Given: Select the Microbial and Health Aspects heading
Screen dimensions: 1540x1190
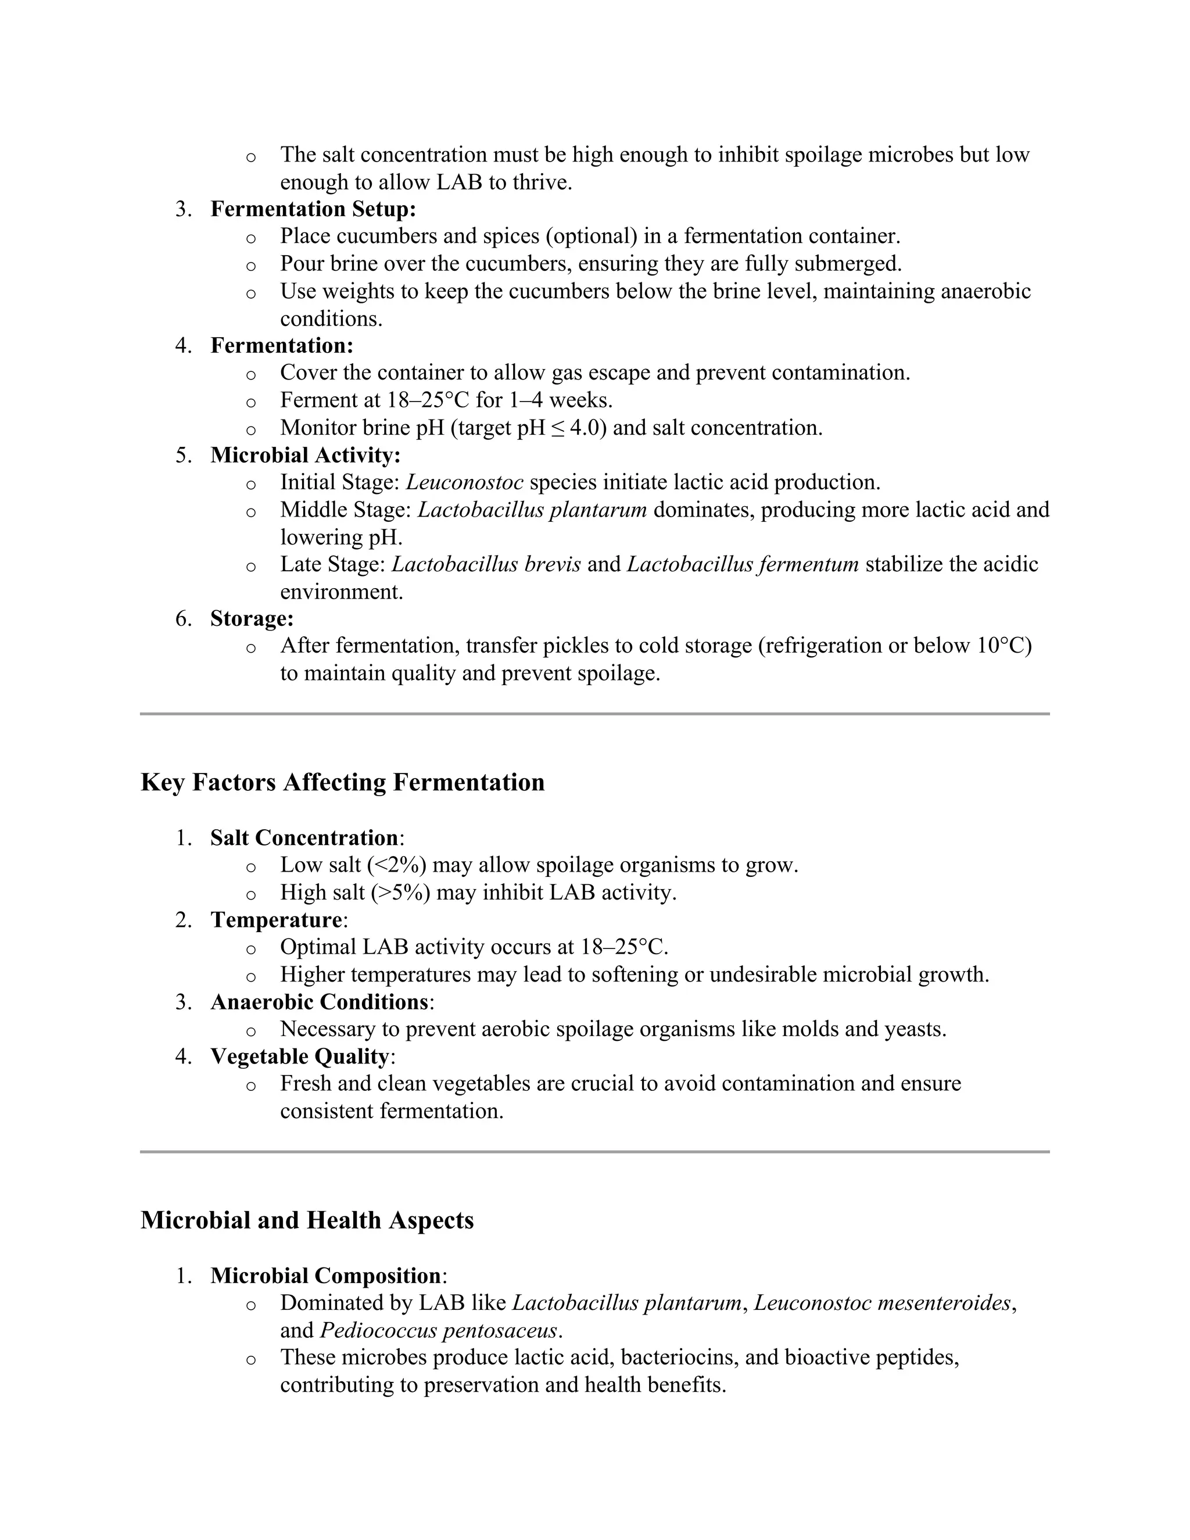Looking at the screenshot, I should coord(307,1220).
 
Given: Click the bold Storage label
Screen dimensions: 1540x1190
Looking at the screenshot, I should coord(252,619).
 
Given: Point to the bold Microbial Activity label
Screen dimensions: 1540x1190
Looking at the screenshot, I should coord(304,456).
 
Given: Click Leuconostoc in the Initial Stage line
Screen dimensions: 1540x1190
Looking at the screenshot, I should coord(465,483).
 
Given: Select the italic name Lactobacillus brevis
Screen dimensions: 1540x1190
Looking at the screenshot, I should coord(486,565).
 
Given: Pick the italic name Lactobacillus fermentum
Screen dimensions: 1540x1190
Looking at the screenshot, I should coord(743,565).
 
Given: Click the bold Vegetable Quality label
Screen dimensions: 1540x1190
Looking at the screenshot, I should coord(299,1057).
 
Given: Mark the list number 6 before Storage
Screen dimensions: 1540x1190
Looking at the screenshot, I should coord(182,619).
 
